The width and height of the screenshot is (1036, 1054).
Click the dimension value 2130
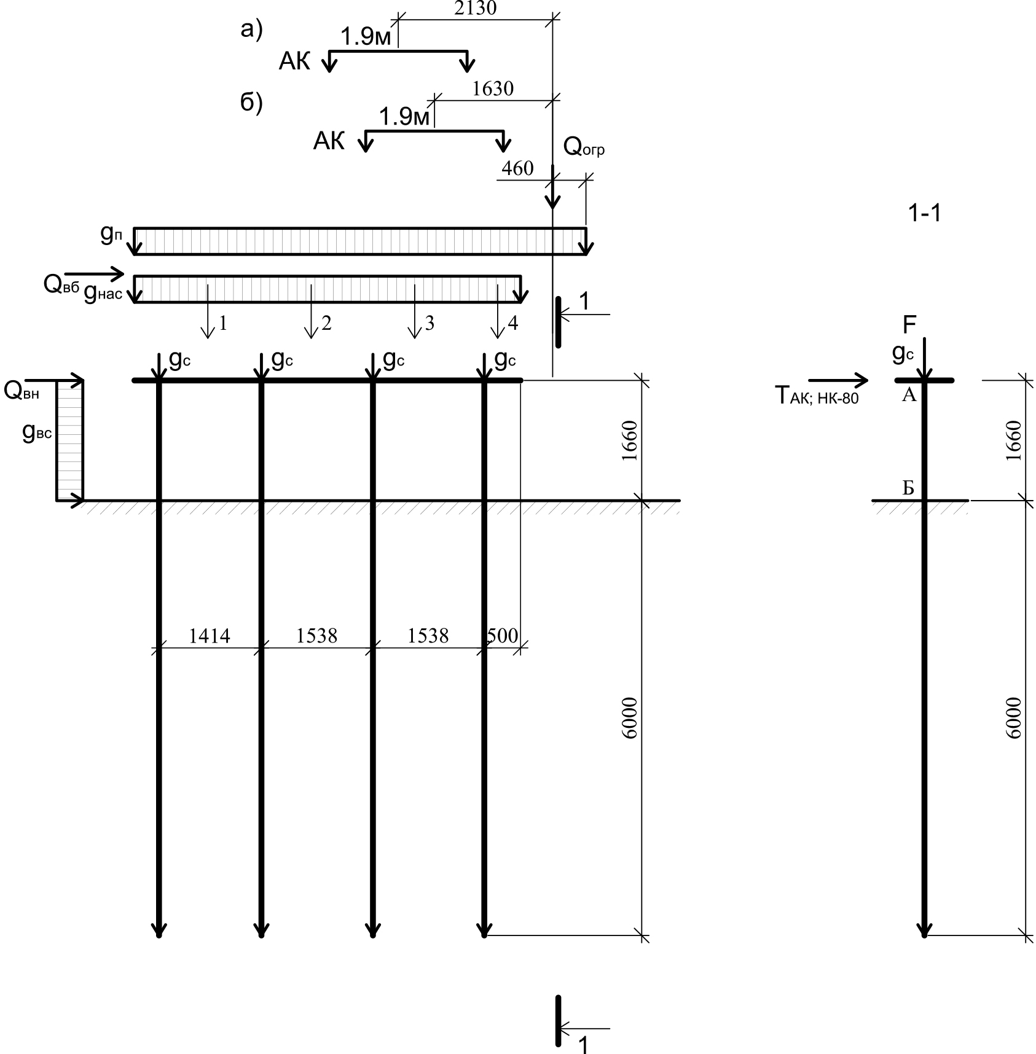[x=475, y=8]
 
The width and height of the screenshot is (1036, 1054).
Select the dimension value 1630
[x=493, y=89]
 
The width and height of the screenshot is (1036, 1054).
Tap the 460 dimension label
[x=517, y=168]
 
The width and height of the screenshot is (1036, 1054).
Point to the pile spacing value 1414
[x=210, y=636]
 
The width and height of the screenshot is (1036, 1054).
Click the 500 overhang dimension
[x=502, y=636]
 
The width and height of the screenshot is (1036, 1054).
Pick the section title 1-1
[x=925, y=213]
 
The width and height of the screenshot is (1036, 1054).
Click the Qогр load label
[x=584, y=147]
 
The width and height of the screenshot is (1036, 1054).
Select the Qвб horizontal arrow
[x=94, y=274]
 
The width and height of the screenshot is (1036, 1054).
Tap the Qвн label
[x=22, y=391]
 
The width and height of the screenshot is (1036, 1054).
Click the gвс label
[x=37, y=433]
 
